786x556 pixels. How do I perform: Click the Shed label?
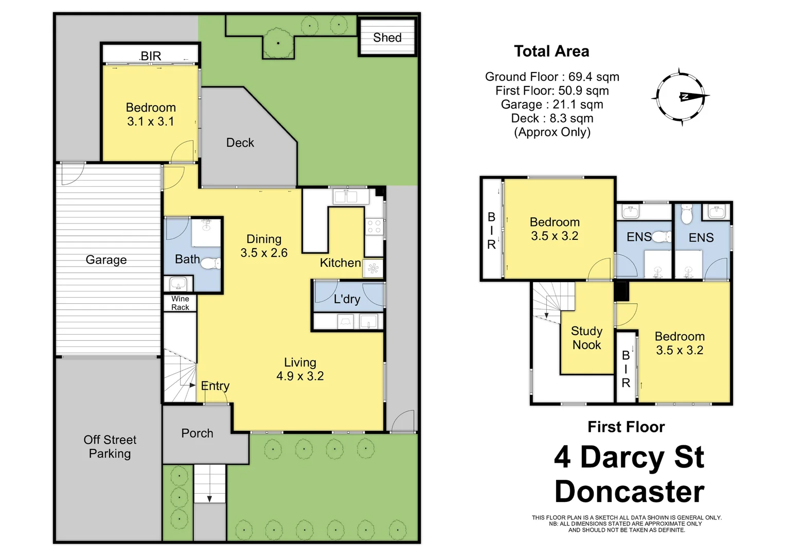coord(387,38)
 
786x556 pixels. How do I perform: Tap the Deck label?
coord(240,143)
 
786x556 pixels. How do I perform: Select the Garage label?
coord(106,260)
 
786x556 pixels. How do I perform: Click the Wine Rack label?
coord(180,303)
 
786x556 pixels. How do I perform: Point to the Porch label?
coord(197,433)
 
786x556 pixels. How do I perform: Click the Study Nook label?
coord(586,338)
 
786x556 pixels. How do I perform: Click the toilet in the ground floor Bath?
coord(210,264)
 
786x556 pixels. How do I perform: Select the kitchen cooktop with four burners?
coord(374,227)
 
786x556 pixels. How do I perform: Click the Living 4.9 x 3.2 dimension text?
coord(300,370)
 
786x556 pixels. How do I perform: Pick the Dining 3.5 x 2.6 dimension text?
coord(264,246)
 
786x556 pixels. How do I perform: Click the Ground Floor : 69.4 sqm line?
coord(552,77)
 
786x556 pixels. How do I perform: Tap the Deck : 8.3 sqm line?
coord(552,118)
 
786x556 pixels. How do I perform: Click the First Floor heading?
coord(626,427)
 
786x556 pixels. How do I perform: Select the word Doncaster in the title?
coord(629,492)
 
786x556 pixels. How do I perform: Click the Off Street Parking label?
coord(110,446)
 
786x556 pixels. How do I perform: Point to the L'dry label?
coord(347,299)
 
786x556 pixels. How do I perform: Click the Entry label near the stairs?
coord(215,386)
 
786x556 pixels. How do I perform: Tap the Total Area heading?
coord(551,51)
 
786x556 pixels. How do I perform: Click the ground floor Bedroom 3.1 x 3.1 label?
coord(151,114)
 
